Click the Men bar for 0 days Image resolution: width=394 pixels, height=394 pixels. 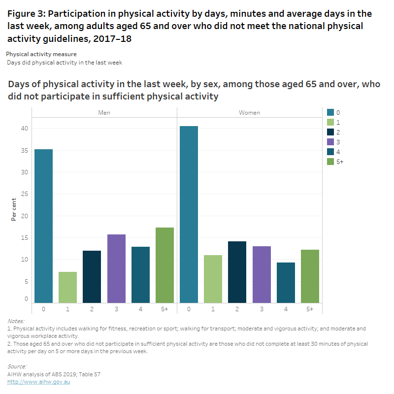(43, 226)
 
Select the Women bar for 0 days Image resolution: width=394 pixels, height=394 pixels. (189, 214)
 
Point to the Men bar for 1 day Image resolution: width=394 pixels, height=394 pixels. (67, 287)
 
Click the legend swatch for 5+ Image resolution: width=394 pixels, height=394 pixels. (330, 162)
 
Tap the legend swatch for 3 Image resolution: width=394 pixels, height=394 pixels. (330, 142)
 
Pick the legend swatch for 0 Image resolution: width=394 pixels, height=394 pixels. (330, 112)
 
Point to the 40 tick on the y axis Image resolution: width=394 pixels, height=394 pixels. (24, 129)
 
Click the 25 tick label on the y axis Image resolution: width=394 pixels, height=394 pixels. (24, 194)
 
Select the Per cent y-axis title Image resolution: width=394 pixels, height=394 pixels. (14, 210)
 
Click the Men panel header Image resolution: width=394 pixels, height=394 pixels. (104, 113)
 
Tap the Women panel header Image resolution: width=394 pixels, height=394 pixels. (249, 113)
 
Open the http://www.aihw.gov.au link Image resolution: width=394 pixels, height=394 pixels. (39, 382)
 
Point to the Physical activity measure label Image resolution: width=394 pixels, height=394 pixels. (41, 54)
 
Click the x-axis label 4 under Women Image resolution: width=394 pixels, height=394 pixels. (286, 309)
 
